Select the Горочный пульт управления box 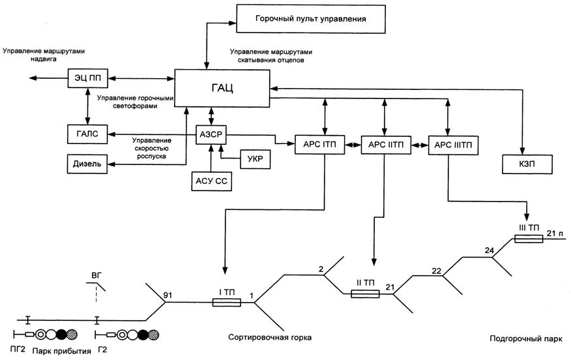click(x=310, y=19)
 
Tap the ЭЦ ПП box click(x=87, y=78)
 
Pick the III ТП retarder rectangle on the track click(x=528, y=239)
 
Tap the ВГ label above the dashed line click(x=96, y=277)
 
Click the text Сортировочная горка click(x=270, y=338)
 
